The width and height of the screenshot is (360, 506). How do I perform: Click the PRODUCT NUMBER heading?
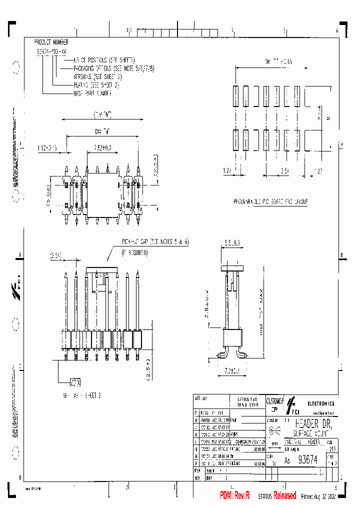[51, 42]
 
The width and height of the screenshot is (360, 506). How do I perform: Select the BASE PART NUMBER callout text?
[92, 93]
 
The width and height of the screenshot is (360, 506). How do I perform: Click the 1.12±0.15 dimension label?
[47, 148]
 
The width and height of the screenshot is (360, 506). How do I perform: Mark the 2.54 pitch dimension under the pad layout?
[284, 170]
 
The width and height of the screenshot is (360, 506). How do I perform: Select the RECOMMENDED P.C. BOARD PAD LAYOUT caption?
[270, 201]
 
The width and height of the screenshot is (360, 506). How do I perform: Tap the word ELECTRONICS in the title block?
[320, 403]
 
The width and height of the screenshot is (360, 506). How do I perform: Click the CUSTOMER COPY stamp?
[275, 404]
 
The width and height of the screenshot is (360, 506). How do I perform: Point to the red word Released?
[284, 495]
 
